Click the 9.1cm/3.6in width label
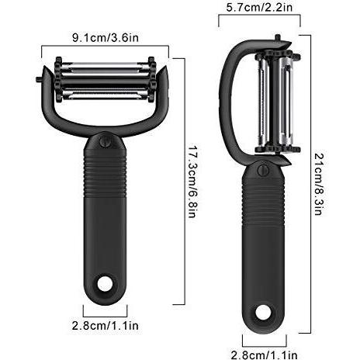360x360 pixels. (106, 38)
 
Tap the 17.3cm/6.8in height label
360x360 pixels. (192, 182)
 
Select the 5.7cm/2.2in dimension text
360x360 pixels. (259, 7)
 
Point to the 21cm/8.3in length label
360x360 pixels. (318, 184)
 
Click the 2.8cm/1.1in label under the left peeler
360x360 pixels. (106, 326)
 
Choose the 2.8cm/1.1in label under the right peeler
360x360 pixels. (264, 355)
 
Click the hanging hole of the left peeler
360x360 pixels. (106, 284)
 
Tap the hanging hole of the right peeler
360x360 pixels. (263, 312)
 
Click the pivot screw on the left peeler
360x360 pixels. (105, 141)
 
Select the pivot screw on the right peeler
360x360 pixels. (263, 170)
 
